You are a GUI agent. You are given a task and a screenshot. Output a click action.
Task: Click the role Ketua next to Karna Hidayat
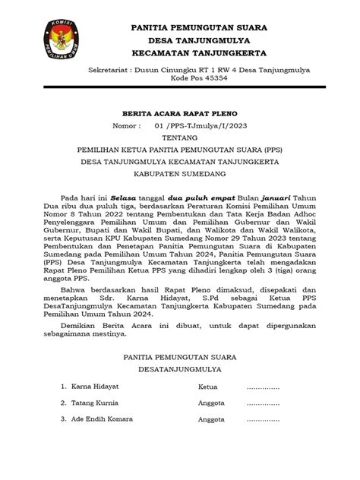point(208,387)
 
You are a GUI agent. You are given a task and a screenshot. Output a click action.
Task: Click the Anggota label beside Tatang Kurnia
point(212,403)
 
